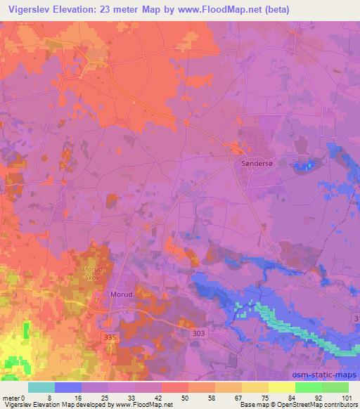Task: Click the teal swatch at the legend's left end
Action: pyautogui.click(x=41, y=387)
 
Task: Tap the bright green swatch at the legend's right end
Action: pyautogui.click(x=335, y=387)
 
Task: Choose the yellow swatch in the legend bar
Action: pyautogui.click(x=281, y=387)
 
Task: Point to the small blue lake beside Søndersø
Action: pyautogui.click(x=303, y=166)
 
